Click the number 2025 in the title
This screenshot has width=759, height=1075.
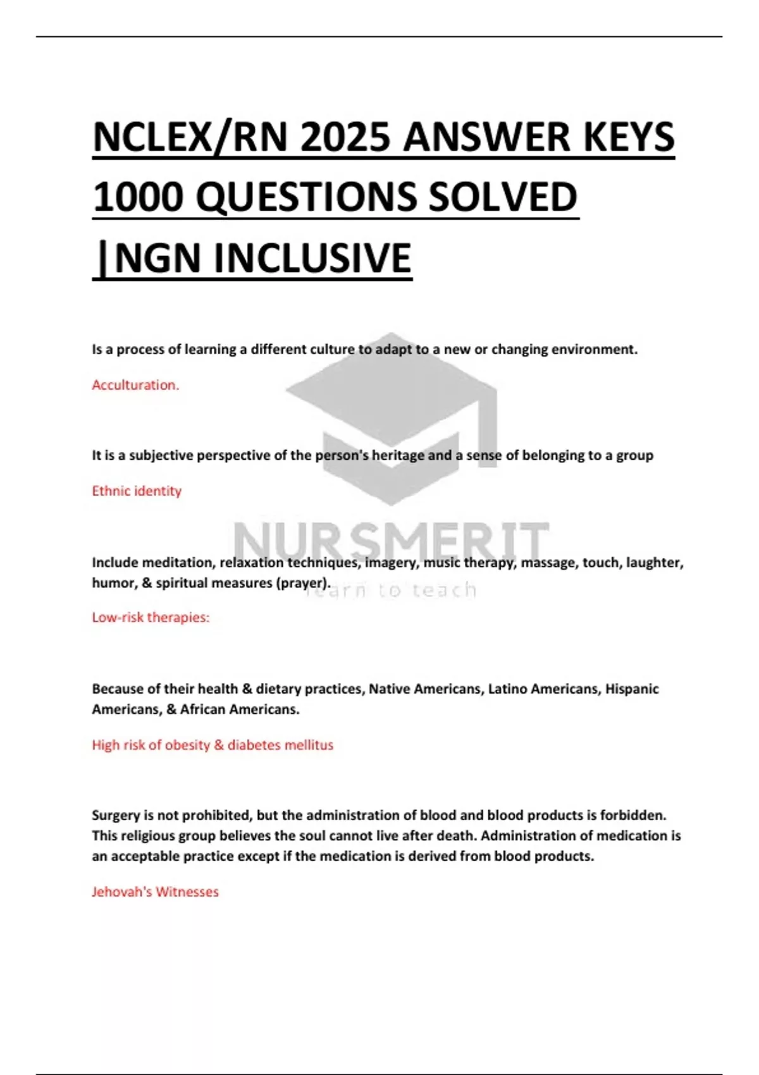click(x=345, y=138)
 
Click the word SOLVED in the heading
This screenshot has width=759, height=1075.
click(x=502, y=197)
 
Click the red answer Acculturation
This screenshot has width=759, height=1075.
click(x=135, y=385)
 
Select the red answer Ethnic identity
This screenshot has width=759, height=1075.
click(x=137, y=491)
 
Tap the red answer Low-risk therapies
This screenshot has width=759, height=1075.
click(x=151, y=617)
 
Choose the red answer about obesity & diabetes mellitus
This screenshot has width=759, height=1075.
click(x=213, y=745)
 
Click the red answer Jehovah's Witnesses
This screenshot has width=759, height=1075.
click(x=155, y=892)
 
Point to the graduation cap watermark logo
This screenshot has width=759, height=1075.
click(x=391, y=417)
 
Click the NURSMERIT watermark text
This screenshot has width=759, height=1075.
click(x=391, y=541)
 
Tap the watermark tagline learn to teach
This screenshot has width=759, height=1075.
click(x=391, y=591)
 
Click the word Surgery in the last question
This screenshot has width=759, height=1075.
click(x=115, y=815)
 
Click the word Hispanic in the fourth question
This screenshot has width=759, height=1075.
click(x=632, y=689)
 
